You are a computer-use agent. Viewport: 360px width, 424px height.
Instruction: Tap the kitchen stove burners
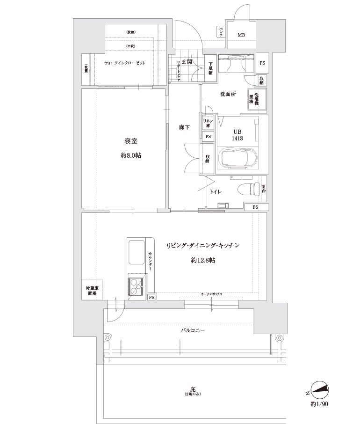click(x=135, y=286)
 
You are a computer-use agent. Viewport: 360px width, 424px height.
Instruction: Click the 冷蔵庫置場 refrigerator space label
click(x=92, y=291)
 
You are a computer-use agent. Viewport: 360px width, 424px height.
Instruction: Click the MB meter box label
click(x=241, y=36)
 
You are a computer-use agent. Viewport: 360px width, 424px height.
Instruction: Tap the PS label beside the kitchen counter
click(x=151, y=297)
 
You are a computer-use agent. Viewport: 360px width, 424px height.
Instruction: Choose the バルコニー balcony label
click(x=193, y=330)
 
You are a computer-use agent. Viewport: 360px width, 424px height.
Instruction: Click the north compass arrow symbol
click(x=319, y=389)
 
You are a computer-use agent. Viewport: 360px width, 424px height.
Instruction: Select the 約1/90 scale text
click(x=319, y=403)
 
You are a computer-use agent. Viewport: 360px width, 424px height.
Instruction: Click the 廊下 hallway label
click(x=184, y=128)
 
